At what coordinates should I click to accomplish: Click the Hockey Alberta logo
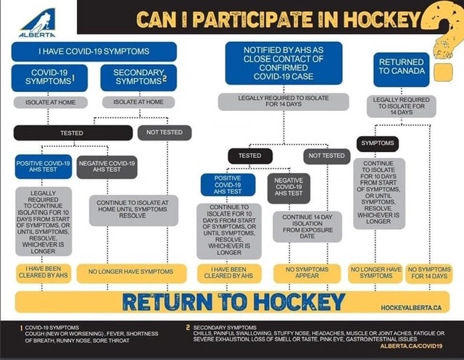pyautogui.click(x=36, y=22)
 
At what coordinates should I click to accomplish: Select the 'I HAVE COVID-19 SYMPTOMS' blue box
pyautogui.click(x=94, y=51)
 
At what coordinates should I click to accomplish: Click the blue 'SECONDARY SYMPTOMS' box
pyautogui.click(x=145, y=78)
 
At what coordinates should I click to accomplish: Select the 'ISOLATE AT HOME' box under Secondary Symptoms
pyautogui.click(x=145, y=102)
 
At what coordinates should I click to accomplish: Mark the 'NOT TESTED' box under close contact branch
pyautogui.click(x=326, y=156)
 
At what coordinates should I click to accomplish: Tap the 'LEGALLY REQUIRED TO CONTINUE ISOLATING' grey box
pyautogui.click(x=44, y=221)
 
